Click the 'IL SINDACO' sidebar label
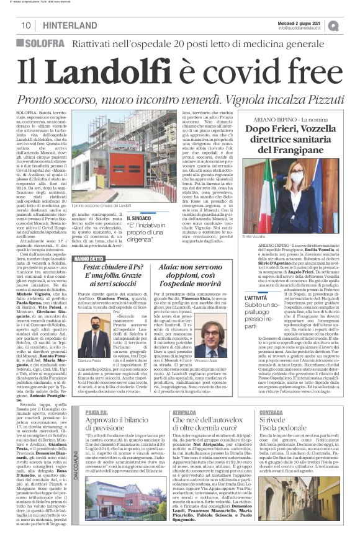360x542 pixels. [140, 219]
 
